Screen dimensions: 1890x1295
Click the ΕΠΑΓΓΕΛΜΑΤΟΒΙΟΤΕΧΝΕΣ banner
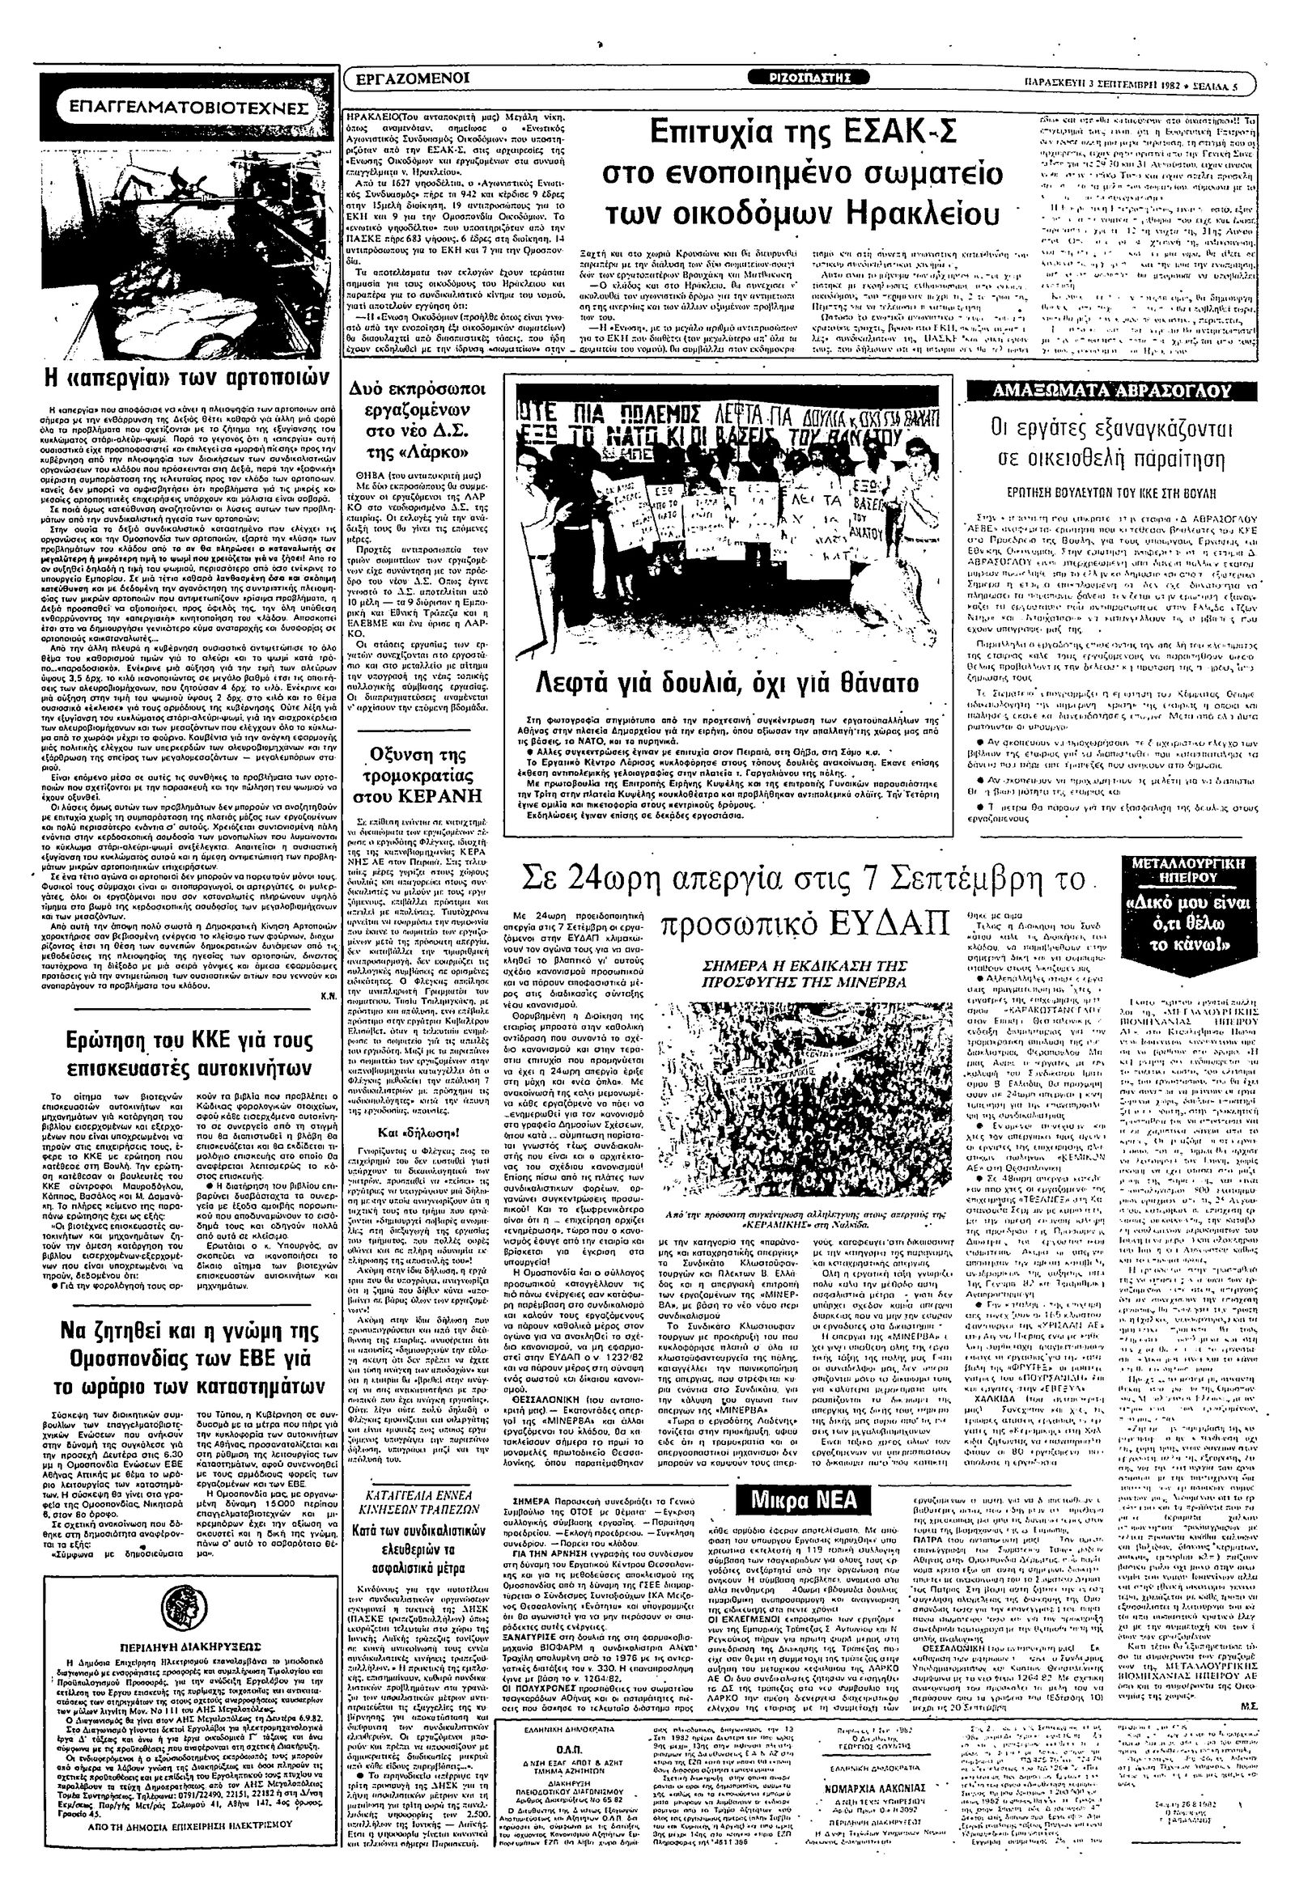pyautogui.click(x=188, y=106)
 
